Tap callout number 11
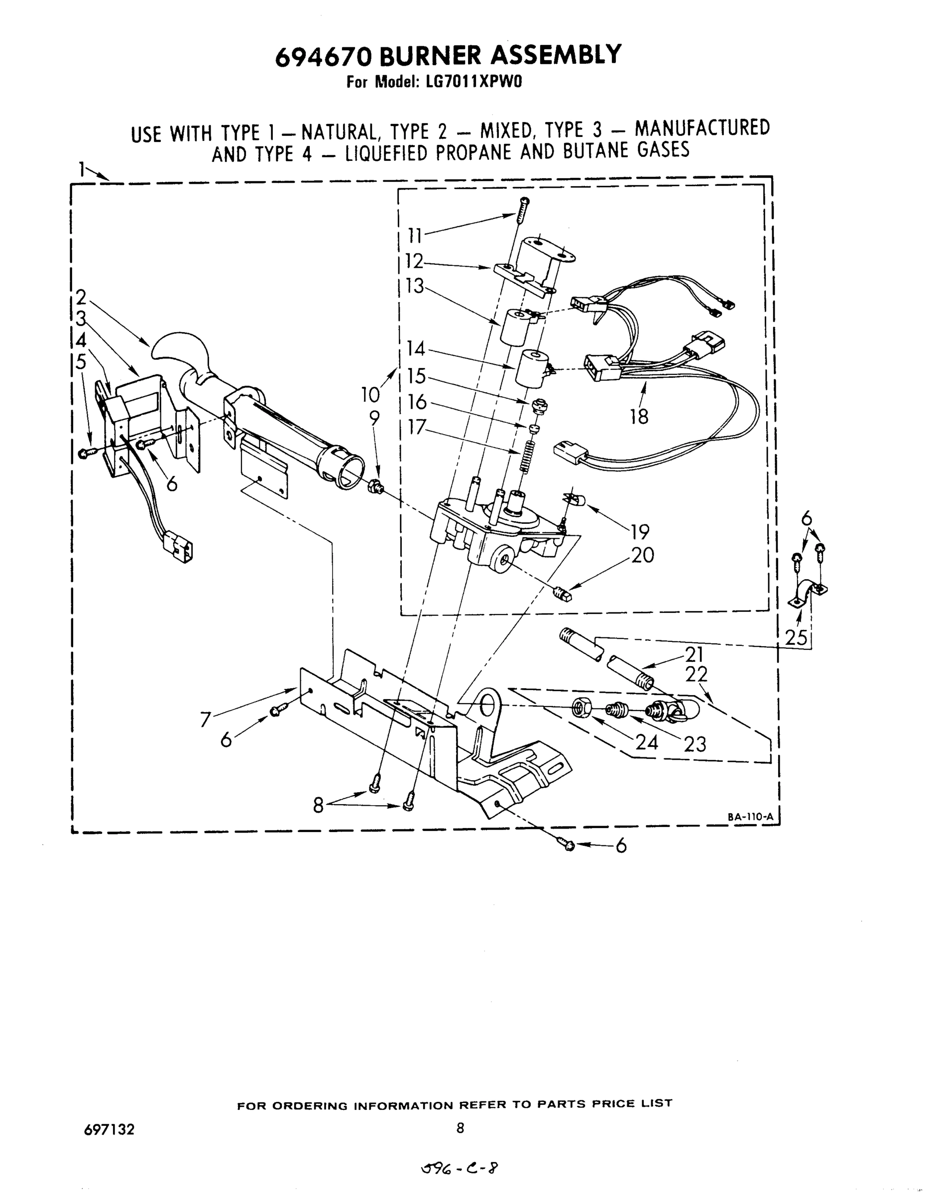(415, 236)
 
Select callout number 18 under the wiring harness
(639, 417)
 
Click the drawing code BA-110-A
(750, 817)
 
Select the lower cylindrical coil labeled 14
(531, 368)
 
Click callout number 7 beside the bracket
(205, 719)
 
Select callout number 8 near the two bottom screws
(318, 805)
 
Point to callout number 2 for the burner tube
(81, 297)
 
